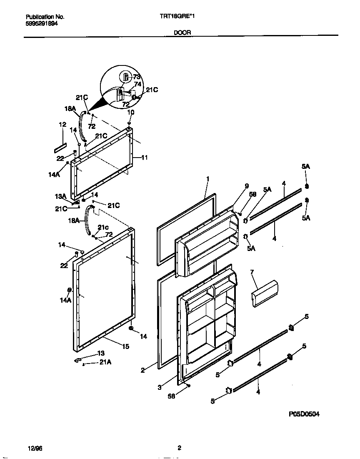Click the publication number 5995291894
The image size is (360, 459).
coord(42,24)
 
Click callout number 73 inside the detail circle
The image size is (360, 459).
coord(137,77)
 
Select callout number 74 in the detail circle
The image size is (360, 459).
coord(137,84)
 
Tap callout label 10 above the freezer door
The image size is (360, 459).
coord(130,112)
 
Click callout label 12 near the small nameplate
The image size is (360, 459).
coord(62,124)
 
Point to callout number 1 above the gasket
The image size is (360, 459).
coord(207,179)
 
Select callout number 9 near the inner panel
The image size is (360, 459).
coord(246,186)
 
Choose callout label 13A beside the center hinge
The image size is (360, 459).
coord(60,196)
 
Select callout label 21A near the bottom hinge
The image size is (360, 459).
coord(105,363)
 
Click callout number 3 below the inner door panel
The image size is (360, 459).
coord(159,387)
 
